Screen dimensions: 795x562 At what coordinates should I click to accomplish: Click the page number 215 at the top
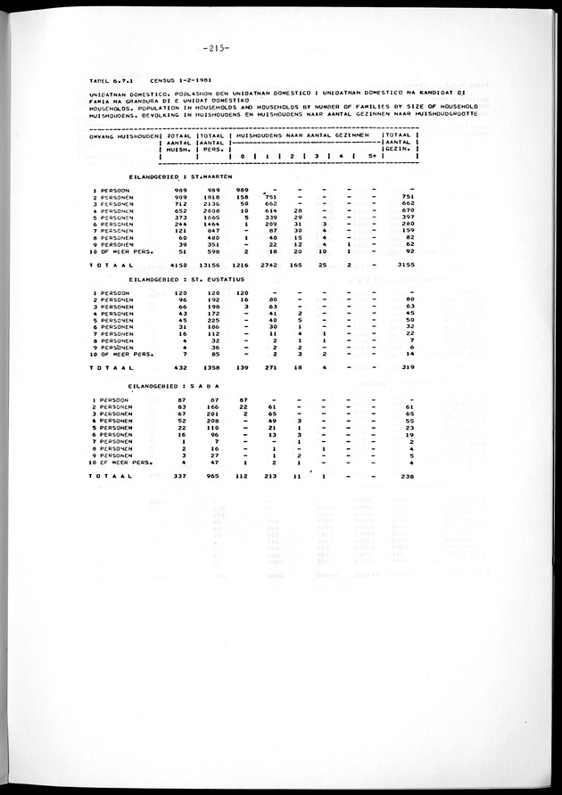point(217,48)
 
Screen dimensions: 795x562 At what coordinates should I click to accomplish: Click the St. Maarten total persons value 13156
point(210,265)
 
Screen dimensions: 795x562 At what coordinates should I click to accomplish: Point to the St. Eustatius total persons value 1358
point(210,367)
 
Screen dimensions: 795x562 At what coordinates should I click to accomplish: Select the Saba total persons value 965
point(212,477)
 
